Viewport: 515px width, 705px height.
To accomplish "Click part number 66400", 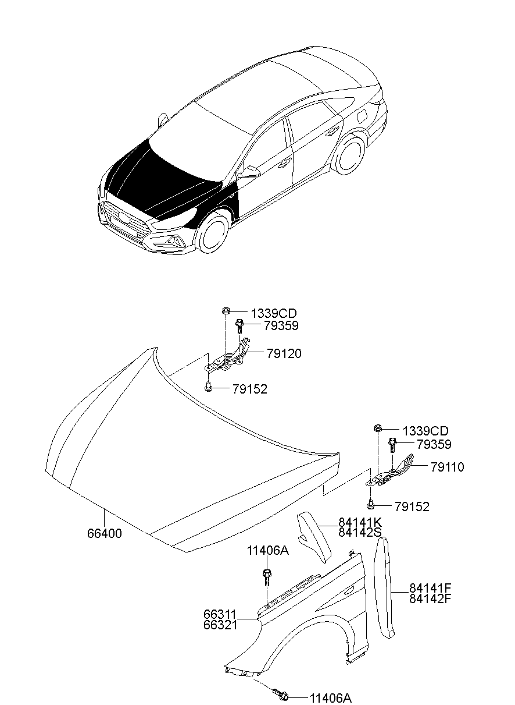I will (105, 533).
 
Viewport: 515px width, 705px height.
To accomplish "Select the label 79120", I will (284, 354).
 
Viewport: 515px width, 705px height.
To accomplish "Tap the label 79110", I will (447, 467).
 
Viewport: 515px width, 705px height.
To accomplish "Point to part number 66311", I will (220, 614).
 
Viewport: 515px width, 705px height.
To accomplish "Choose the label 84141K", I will (360, 522).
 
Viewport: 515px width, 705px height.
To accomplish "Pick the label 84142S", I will (360, 532).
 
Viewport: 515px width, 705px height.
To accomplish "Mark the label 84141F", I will (431, 588).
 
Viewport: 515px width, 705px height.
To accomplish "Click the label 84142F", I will (431, 598).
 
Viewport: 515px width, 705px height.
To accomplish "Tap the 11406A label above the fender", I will (267, 551).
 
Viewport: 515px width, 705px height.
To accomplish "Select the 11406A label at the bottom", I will (330, 698).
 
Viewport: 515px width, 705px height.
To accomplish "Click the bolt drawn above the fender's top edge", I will (266, 577).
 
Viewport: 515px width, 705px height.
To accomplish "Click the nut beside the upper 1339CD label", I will (225, 312).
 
